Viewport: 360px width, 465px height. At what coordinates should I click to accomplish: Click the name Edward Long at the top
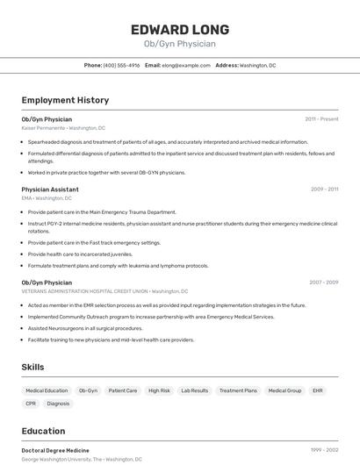[179, 29]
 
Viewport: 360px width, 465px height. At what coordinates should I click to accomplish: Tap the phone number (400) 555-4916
[121, 65]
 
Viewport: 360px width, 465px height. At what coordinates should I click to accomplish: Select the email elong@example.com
[185, 65]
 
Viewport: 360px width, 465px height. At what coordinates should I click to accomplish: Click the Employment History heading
[65, 100]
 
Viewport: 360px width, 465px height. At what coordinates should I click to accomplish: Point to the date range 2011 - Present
[321, 119]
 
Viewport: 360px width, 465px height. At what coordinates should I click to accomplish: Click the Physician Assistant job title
[50, 190]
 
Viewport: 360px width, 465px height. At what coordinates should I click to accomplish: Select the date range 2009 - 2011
[324, 190]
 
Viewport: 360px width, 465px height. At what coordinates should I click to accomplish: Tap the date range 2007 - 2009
[323, 283]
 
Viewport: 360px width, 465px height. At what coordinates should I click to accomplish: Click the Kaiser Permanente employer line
[63, 128]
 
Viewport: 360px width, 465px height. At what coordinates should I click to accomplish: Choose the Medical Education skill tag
[47, 390]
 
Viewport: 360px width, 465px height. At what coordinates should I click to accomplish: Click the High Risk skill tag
[159, 390]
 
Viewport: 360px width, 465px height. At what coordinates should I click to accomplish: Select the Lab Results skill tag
[194, 390]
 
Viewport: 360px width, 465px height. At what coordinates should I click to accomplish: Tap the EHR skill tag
[317, 390]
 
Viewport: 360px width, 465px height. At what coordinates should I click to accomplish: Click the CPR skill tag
[31, 404]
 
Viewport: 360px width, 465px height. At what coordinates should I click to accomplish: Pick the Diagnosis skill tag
[58, 404]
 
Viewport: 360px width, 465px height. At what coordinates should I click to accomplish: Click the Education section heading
[43, 431]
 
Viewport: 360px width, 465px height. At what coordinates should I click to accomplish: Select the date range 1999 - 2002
[324, 450]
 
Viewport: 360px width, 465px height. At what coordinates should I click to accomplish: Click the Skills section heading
[32, 367]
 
